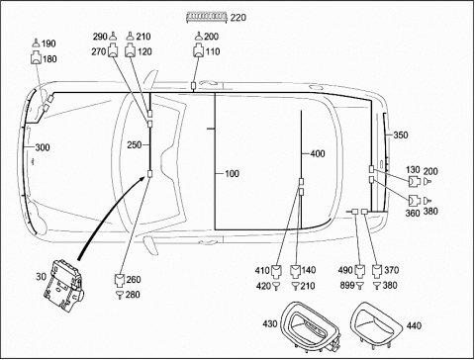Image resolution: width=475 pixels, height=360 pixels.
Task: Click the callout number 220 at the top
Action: point(238,17)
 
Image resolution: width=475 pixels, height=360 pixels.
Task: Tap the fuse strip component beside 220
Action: point(207,17)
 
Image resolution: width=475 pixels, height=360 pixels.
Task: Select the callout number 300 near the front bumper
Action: point(43,147)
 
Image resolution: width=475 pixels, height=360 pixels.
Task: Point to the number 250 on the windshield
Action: point(135,144)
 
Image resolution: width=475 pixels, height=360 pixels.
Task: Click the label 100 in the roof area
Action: point(232,174)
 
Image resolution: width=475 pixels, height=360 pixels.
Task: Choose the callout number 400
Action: point(318,153)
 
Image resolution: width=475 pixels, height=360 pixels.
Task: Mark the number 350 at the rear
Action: point(401,135)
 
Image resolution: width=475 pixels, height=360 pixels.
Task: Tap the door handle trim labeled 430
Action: point(311,324)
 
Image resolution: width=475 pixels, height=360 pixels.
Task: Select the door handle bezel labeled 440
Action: point(376,324)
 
